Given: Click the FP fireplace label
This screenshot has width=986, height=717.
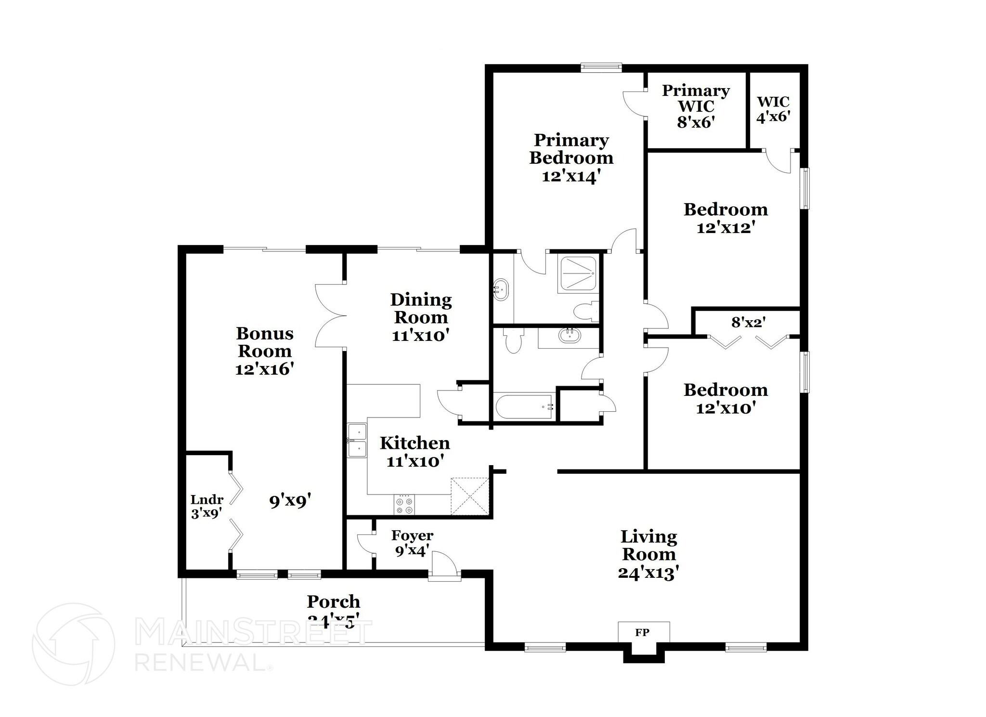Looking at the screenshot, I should [642, 632].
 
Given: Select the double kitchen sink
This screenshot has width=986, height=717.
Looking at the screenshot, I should [357, 440].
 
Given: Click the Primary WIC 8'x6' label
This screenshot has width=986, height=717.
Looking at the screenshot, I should [695, 106].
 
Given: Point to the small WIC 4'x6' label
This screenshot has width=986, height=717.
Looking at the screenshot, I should [773, 109].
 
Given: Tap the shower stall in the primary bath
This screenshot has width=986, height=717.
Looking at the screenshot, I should [577, 274].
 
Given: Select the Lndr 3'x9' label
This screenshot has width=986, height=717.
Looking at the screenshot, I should [207, 507].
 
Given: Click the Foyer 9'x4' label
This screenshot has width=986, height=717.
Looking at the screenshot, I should [412, 543].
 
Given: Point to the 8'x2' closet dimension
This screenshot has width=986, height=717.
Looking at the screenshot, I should [748, 322].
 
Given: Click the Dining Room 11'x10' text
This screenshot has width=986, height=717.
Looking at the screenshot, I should [421, 317].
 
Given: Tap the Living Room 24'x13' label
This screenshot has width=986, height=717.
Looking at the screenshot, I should [649, 554].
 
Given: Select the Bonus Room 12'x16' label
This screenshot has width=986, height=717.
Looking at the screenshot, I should [265, 351].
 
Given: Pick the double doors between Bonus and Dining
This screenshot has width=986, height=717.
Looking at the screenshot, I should [331, 315].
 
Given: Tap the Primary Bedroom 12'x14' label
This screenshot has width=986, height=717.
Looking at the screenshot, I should [571, 158].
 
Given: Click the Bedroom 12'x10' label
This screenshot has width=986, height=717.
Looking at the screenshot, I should [726, 399].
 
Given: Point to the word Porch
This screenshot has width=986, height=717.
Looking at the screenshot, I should [334, 601].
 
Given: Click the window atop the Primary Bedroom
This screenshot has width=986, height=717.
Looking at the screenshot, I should [601, 68].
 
